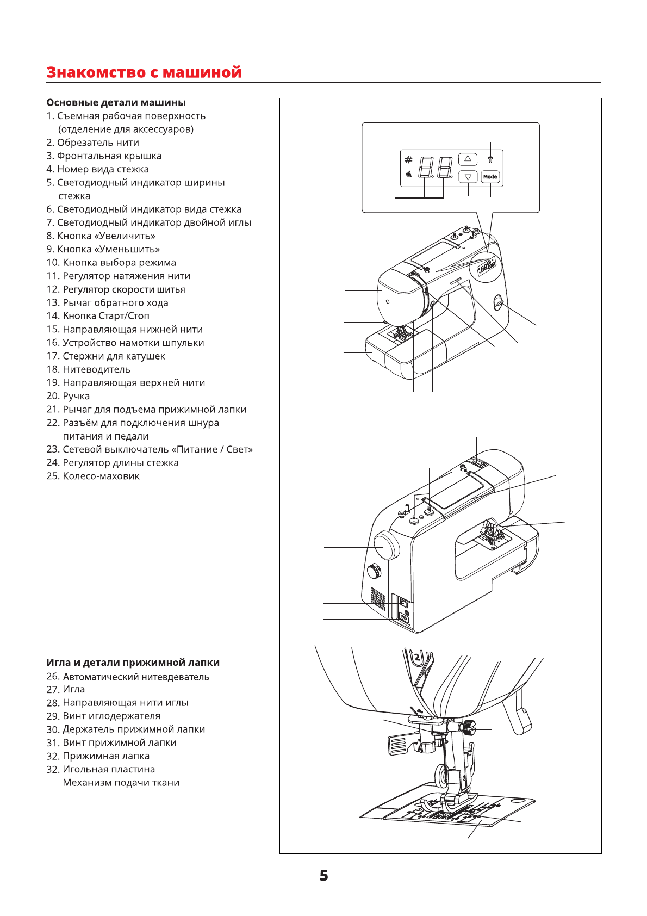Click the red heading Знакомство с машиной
click(144, 72)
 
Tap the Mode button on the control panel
click(490, 177)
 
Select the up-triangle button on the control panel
click(468, 159)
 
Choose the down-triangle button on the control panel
click(468, 177)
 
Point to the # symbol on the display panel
click(408, 160)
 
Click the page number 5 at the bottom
click(323, 876)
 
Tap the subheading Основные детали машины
click(116, 103)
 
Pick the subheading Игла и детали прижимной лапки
click(133, 663)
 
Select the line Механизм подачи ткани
click(121, 783)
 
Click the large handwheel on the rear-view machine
click(386, 546)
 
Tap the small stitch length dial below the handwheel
click(374, 572)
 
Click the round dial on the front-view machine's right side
click(498, 303)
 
